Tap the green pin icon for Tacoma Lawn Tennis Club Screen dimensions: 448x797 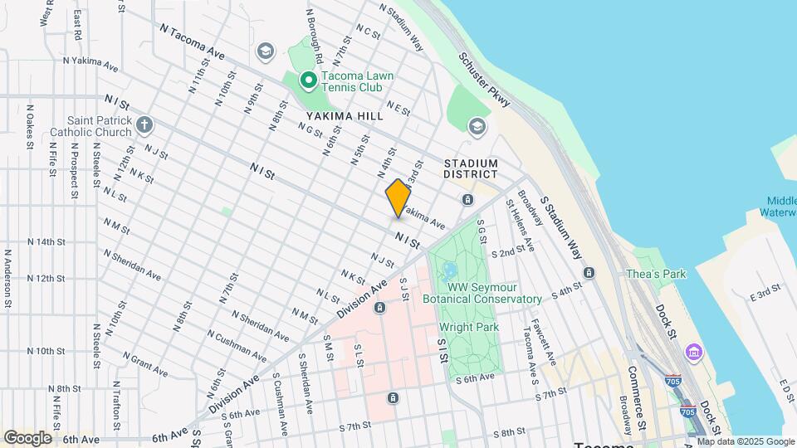coord(307,80)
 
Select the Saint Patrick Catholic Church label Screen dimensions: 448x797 coord(90,126)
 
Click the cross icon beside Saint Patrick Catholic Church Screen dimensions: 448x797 coord(144,126)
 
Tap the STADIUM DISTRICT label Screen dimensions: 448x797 coord(471,168)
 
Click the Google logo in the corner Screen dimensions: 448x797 coord(27,437)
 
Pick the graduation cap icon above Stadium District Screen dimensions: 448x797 coord(477,126)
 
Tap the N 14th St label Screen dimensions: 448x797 coord(46,242)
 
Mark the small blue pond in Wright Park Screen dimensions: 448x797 coord(450,270)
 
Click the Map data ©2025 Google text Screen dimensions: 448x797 coord(746,441)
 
